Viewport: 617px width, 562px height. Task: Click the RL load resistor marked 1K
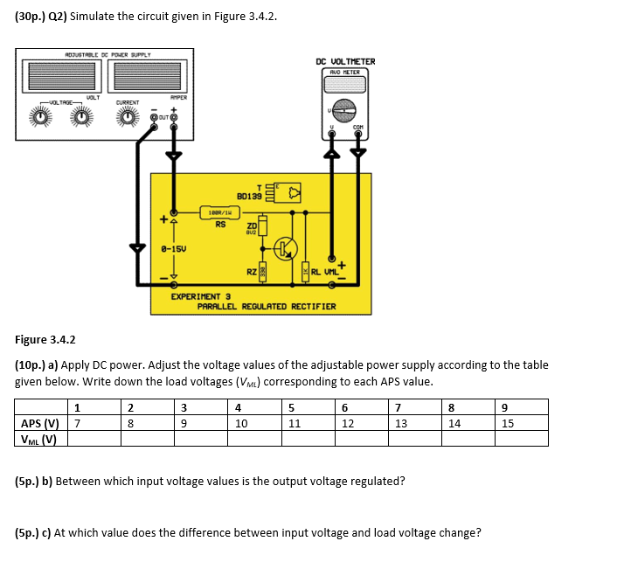click(x=305, y=274)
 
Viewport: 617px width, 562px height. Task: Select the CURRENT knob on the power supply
click(x=128, y=119)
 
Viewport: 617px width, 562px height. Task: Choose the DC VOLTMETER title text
click(x=345, y=61)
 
